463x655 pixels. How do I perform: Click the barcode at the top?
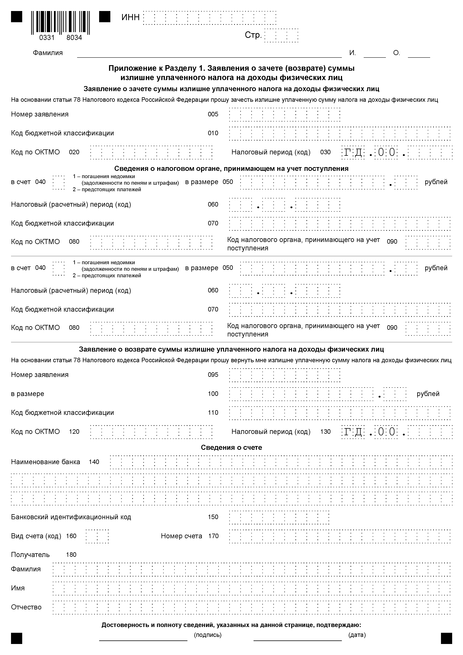(60, 22)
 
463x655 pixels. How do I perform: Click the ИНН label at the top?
(130, 17)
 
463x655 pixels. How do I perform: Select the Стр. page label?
(253, 35)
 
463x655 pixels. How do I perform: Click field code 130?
(325, 432)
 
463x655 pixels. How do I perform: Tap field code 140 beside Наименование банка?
(94, 462)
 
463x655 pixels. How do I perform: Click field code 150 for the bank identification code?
(213, 517)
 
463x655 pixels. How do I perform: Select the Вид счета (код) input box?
(97, 536)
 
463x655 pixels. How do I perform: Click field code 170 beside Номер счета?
(213, 536)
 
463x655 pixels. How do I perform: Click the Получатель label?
(30, 555)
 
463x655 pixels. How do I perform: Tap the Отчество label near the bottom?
(26, 607)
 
